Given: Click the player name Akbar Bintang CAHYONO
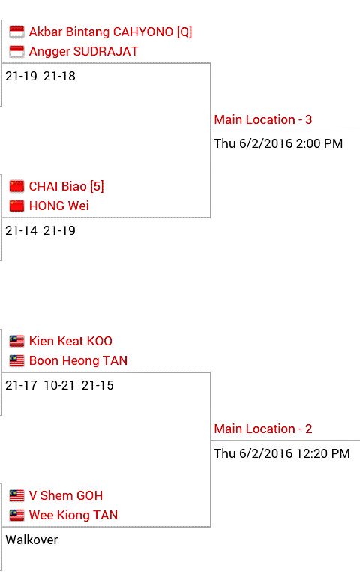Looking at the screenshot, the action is (x=101, y=32).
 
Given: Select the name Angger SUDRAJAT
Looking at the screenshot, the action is (x=83, y=51).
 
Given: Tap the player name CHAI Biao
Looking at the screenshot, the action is (x=58, y=186).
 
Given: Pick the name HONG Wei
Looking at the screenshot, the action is (x=59, y=206).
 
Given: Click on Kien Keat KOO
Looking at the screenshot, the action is (x=70, y=341).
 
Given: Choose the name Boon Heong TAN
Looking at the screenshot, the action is (x=78, y=360).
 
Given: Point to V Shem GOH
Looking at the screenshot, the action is (x=66, y=495).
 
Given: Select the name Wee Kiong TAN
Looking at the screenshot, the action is (x=73, y=515).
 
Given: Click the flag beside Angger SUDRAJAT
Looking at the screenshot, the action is (x=16, y=52).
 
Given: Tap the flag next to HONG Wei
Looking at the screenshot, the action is (x=16, y=206).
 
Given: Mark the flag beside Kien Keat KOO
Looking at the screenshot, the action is (x=16, y=341).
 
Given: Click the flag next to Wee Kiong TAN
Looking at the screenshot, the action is (x=16, y=516).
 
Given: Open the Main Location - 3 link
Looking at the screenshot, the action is (x=263, y=119).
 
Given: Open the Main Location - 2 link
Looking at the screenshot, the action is (x=263, y=429).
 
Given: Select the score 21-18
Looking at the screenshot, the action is (x=59, y=77).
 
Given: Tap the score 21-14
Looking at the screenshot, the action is (x=22, y=231).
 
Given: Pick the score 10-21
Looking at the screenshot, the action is (x=59, y=386).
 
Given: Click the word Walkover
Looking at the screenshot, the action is (x=31, y=540).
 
